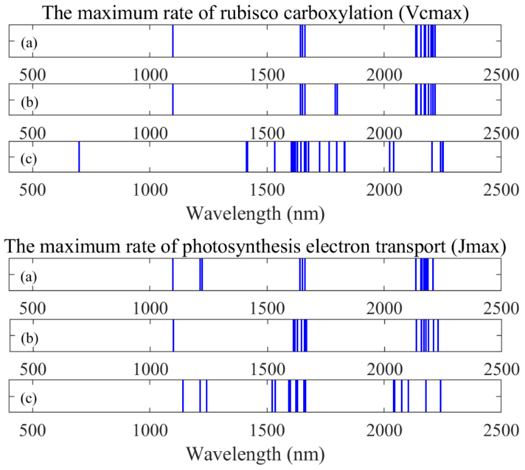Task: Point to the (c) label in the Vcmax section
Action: click(x=28, y=159)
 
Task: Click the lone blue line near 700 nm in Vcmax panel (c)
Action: click(x=79, y=157)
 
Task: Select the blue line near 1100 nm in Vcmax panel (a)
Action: click(x=173, y=41)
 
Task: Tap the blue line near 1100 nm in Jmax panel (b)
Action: click(x=173, y=335)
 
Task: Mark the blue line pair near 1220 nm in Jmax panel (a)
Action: click(x=201, y=275)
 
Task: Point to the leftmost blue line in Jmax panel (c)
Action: click(x=183, y=396)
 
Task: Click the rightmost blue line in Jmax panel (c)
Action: click(x=440, y=396)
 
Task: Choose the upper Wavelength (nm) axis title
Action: click(x=255, y=214)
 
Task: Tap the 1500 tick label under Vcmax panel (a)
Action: click(x=267, y=75)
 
